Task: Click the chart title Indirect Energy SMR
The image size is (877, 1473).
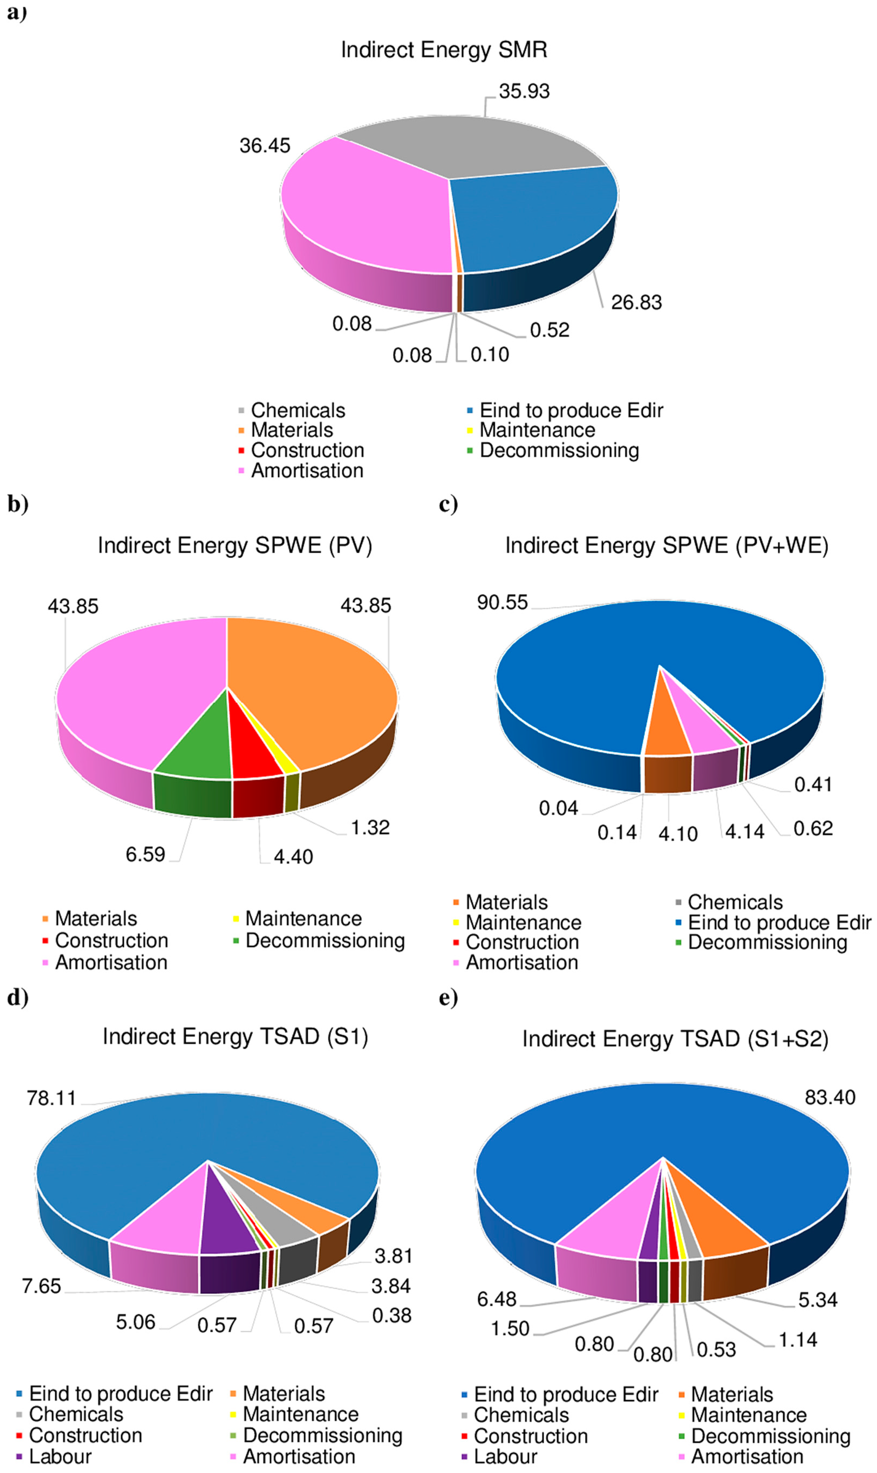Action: tap(444, 50)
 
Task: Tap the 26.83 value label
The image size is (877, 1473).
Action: tap(636, 302)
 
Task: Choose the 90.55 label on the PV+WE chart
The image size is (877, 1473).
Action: tap(502, 602)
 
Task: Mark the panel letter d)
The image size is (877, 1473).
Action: tap(18, 998)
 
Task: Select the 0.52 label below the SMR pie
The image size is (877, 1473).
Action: tap(549, 330)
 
